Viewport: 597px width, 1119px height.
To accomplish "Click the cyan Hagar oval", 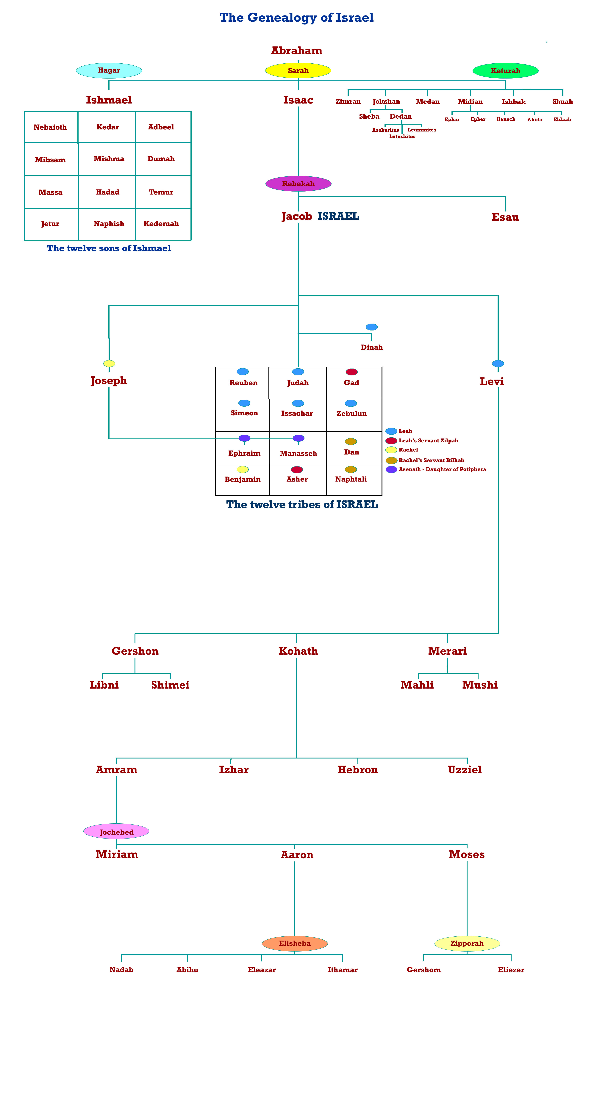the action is click(x=109, y=70).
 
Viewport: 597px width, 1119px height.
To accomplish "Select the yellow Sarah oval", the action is click(x=298, y=70).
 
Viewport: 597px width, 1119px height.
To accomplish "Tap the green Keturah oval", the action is click(x=505, y=70).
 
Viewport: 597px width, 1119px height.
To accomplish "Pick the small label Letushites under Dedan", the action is click(x=402, y=136).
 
